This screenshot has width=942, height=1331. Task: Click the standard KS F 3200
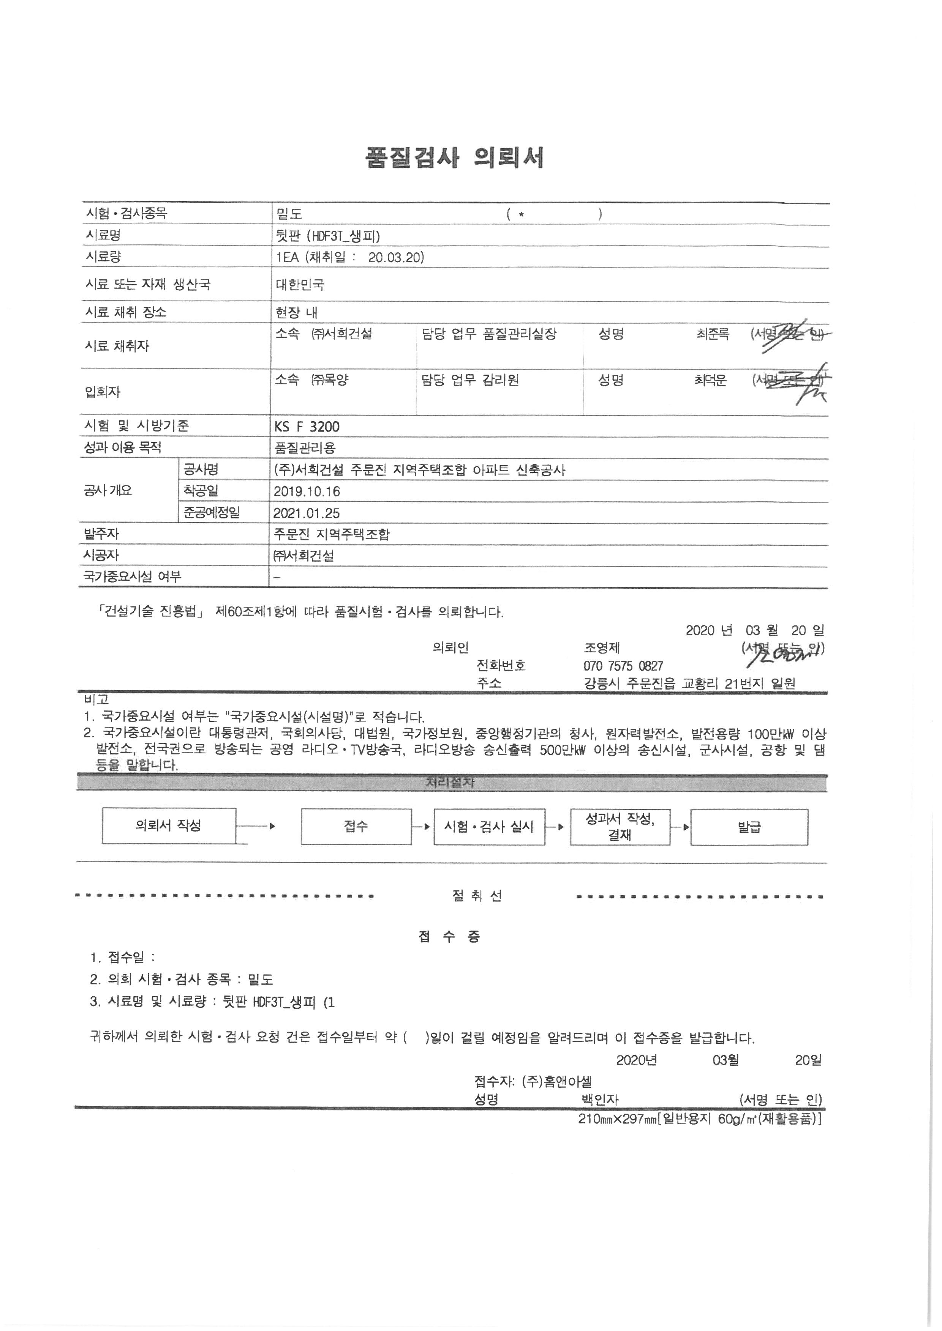[307, 427]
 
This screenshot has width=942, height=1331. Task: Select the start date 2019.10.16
[307, 491]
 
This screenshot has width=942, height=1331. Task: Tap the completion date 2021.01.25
[307, 513]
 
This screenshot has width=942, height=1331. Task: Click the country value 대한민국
[300, 285]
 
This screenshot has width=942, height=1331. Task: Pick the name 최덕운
[710, 381]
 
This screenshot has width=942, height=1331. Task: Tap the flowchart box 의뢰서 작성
[169, 825]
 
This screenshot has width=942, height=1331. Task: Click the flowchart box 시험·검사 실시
[488, 827]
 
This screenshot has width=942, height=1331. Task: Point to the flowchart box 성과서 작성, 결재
[620, 827]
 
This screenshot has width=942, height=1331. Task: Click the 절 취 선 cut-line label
[476, 896]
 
